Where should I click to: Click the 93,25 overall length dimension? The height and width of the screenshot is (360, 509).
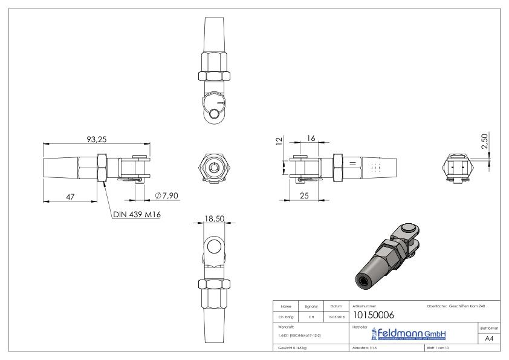(x=97, y=139)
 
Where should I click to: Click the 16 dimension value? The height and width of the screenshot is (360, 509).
(x=312, y=139)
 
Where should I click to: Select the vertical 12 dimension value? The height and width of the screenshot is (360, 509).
(x=279, y=141)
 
